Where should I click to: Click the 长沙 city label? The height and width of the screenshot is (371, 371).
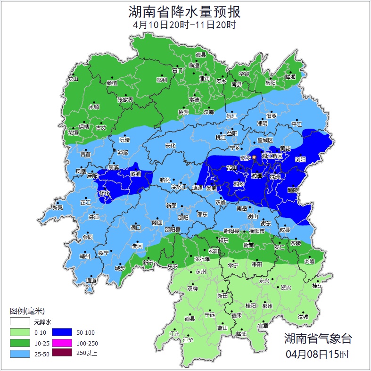pos(246,158)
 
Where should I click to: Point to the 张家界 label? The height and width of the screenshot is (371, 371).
pos(125,99)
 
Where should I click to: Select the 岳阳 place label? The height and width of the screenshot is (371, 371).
pos(270,83)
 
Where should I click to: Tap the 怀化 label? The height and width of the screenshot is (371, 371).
pos(105,193)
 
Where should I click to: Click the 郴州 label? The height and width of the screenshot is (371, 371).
pos(267,306)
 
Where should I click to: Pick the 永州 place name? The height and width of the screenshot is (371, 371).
pos(200,272)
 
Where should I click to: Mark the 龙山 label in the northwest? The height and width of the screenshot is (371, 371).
pos(73,79)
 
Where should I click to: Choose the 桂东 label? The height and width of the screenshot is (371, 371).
pos(317,286)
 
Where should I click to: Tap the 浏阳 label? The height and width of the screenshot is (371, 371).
pos(300,159)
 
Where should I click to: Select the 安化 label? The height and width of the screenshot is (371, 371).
pos(170,146)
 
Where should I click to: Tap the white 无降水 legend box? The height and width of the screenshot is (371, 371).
pos(20,322)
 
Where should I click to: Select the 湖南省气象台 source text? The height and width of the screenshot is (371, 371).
pos(317,338)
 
